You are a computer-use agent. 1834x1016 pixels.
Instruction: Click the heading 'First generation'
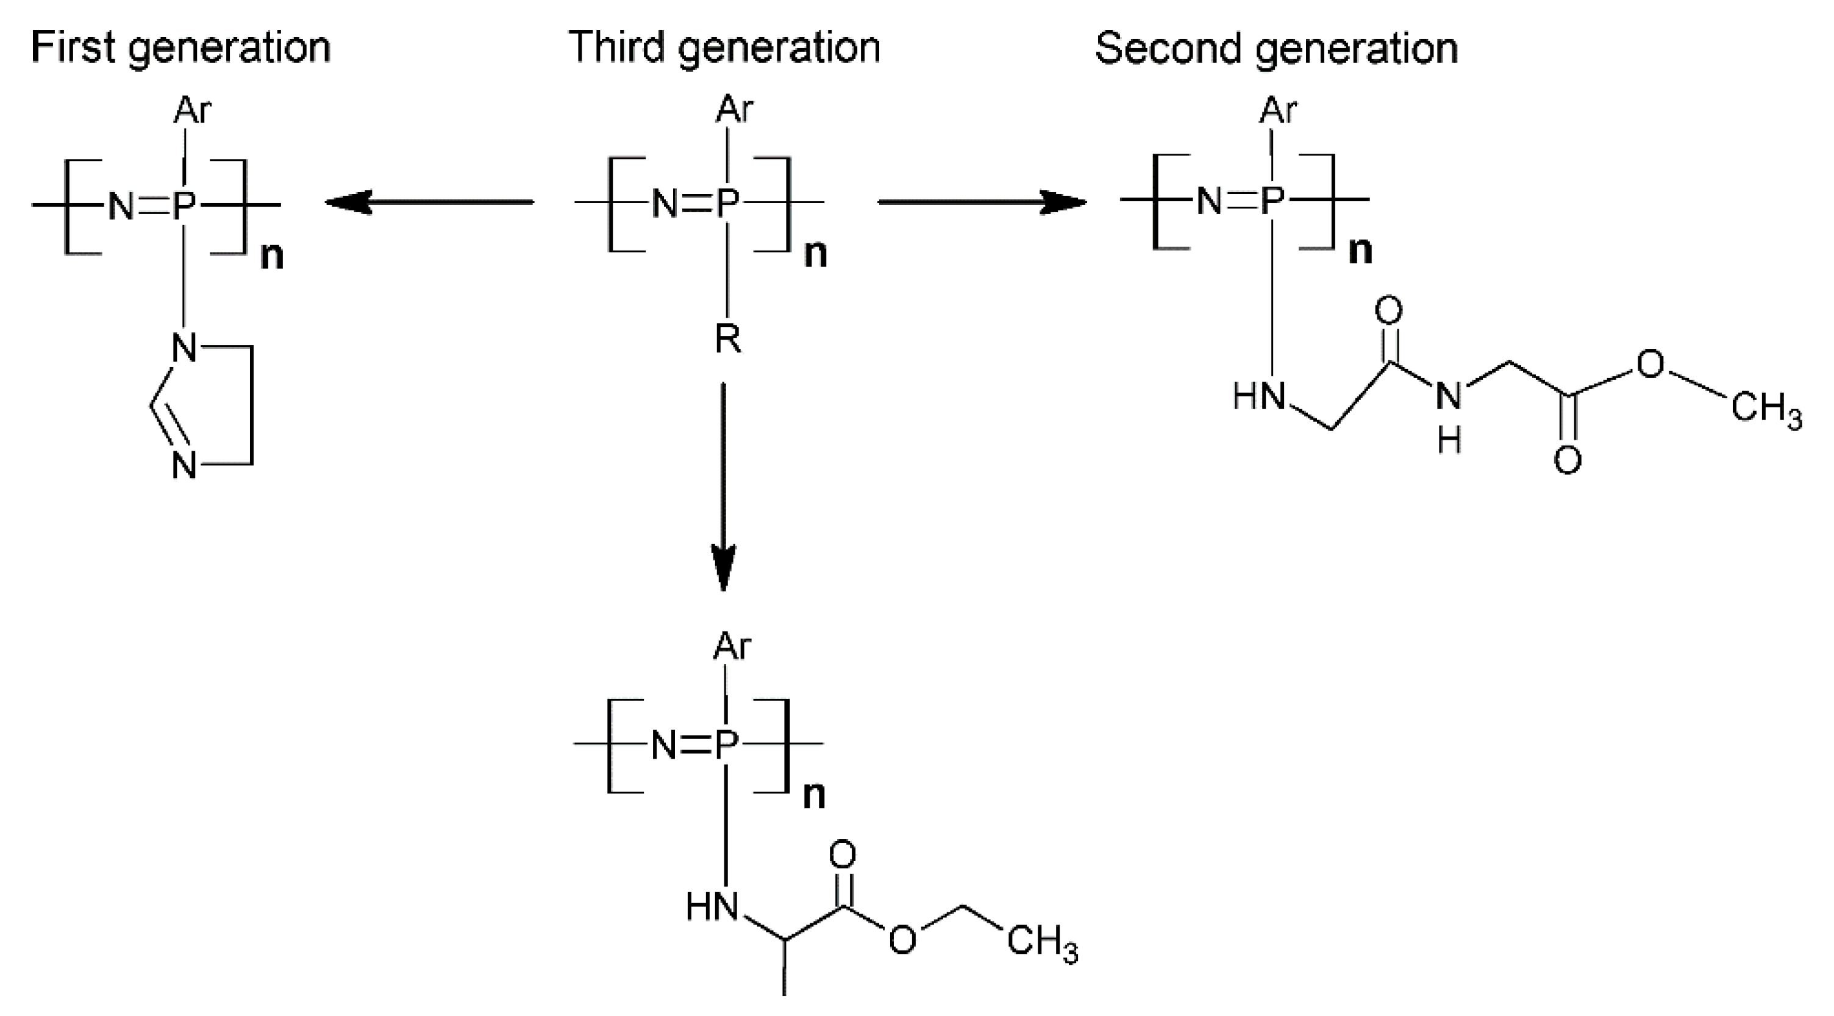[x=181, y=48]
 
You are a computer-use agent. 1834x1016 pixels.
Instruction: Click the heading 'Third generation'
[x=724, y=48]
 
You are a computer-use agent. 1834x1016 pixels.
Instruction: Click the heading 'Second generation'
[x=1276, y=48]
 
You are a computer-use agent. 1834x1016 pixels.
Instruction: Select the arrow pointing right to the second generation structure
[x=982, y=203]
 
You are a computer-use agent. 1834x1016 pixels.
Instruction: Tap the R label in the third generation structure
[x=727, y=339]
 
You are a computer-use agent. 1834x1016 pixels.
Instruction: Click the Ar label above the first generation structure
[x=192, y=111]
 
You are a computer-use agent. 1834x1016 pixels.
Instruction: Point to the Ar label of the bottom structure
[x=732, y=646]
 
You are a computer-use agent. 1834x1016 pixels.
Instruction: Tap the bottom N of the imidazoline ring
[x=184, y=467]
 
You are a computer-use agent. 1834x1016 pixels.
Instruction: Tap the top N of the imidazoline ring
[x=184, y=348]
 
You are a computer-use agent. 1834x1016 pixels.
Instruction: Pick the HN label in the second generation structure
[x=1258, y=396]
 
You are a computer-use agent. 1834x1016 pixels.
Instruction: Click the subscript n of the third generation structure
[x=816, y=254]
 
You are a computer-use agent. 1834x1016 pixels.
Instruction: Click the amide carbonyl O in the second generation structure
[x=1389, y=310]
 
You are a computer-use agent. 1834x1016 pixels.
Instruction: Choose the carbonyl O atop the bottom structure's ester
[x=842, y=854]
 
